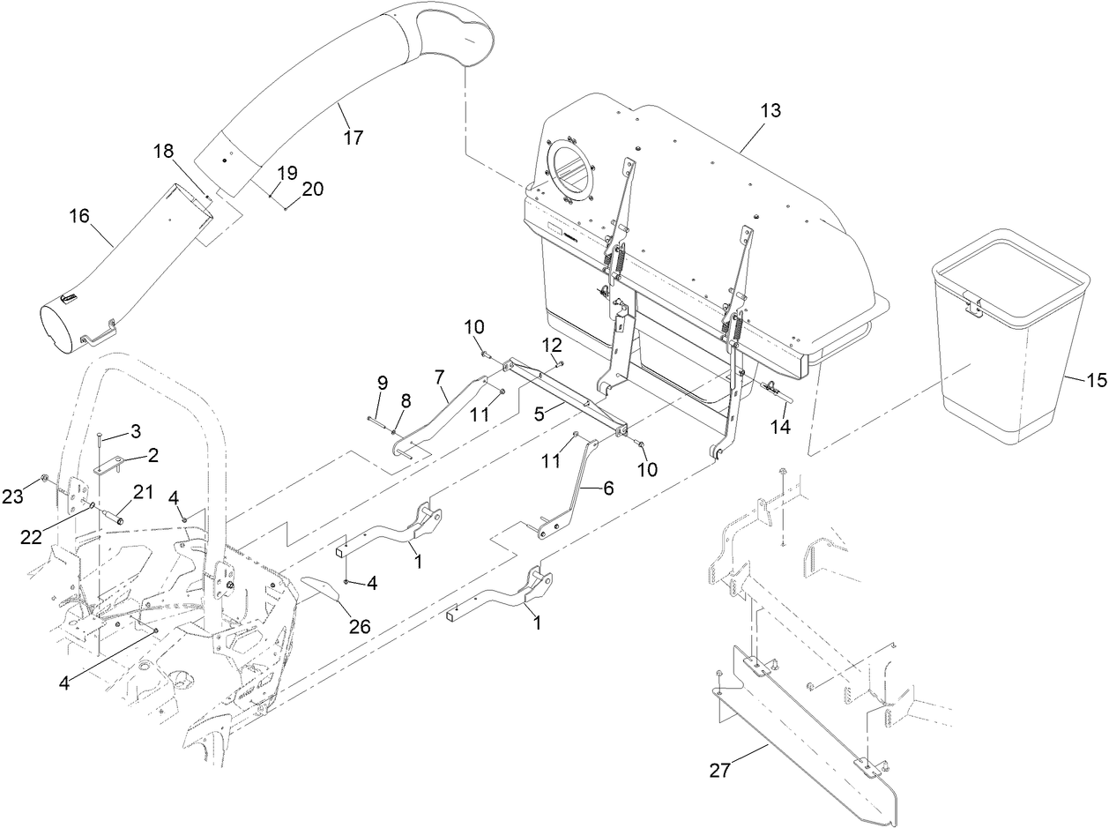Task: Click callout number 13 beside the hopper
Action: click(x=770, y=111)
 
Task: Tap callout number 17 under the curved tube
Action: click(x=354, y=138)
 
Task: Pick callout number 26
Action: click(x=358, y=627)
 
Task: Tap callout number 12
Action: click(x=551, y=342)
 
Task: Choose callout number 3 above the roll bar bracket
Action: click(x=135, y=430)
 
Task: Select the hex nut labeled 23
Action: click(x=43, y=480)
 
